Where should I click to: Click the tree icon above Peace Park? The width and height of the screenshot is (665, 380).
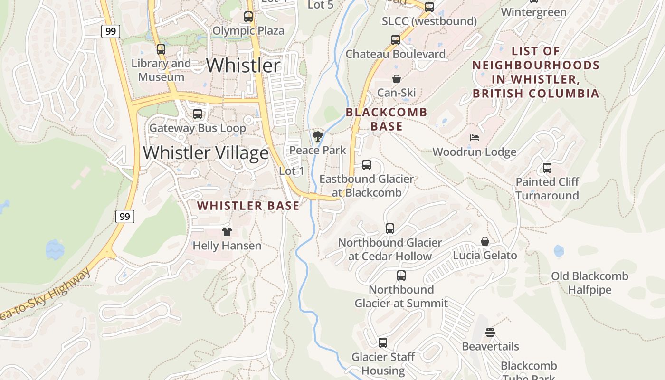[318, 137]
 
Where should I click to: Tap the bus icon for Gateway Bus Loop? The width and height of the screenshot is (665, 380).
[198, 114]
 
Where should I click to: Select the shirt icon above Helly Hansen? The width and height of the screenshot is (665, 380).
[227, 232]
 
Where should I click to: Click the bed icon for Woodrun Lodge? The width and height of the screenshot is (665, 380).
[474, 138]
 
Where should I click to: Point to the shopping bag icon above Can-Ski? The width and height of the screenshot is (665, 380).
[396, 79]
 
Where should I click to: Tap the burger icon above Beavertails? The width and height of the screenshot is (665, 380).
[490, 332]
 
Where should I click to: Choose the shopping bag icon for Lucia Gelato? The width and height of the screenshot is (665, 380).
[484, 242]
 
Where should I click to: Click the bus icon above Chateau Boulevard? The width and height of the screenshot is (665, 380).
[396, 40]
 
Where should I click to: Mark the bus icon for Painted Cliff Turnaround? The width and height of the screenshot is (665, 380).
[547, 168]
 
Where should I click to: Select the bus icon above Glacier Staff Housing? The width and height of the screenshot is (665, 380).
[383, 343]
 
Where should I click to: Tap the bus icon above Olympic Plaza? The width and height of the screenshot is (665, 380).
[248, 17]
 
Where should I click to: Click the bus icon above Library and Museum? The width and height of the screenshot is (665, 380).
[161, 49]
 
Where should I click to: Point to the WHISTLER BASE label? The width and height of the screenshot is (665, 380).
[248, 206]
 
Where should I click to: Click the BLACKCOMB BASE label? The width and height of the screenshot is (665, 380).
[386, 119]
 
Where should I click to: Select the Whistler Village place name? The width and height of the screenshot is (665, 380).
[206, 153]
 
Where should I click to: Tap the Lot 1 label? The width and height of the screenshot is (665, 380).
[292, 171]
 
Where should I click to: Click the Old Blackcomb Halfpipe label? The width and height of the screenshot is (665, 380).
[589, 283]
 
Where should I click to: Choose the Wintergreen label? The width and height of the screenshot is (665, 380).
[533, 12]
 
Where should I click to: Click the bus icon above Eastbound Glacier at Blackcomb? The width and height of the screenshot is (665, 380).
[367, 165]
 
